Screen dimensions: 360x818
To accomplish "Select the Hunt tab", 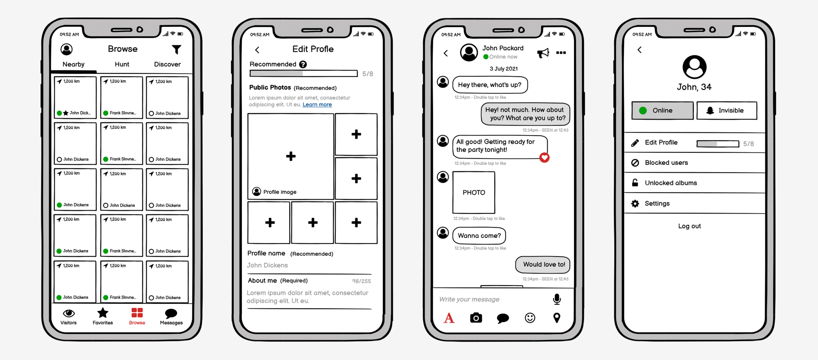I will (x=122, y=64).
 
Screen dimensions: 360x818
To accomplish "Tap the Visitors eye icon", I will (x=69, y=314).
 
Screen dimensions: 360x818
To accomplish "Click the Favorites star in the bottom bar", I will (x=103, y=313).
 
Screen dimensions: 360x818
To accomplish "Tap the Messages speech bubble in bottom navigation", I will (x=171, y=314).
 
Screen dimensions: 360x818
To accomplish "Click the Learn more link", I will (x=317, y=104).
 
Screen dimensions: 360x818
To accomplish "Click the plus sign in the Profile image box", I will (x=290, y=156).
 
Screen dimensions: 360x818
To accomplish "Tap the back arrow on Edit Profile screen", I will (x=257, y=50).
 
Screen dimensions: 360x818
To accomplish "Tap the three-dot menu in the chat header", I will (x=561, y=53).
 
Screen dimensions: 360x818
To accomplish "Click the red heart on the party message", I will (x=544, y=157).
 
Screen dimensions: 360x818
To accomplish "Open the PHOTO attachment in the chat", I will (x=473, y=192).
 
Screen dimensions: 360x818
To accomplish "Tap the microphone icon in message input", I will (x=557, y=299).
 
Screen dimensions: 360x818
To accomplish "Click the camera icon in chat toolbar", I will (x=476, y=318).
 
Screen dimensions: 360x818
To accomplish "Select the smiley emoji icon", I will (x=530, y=318).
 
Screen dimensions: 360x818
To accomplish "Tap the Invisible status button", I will (x=727, y=110).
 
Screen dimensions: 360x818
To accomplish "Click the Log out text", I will (x=689, y=226).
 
